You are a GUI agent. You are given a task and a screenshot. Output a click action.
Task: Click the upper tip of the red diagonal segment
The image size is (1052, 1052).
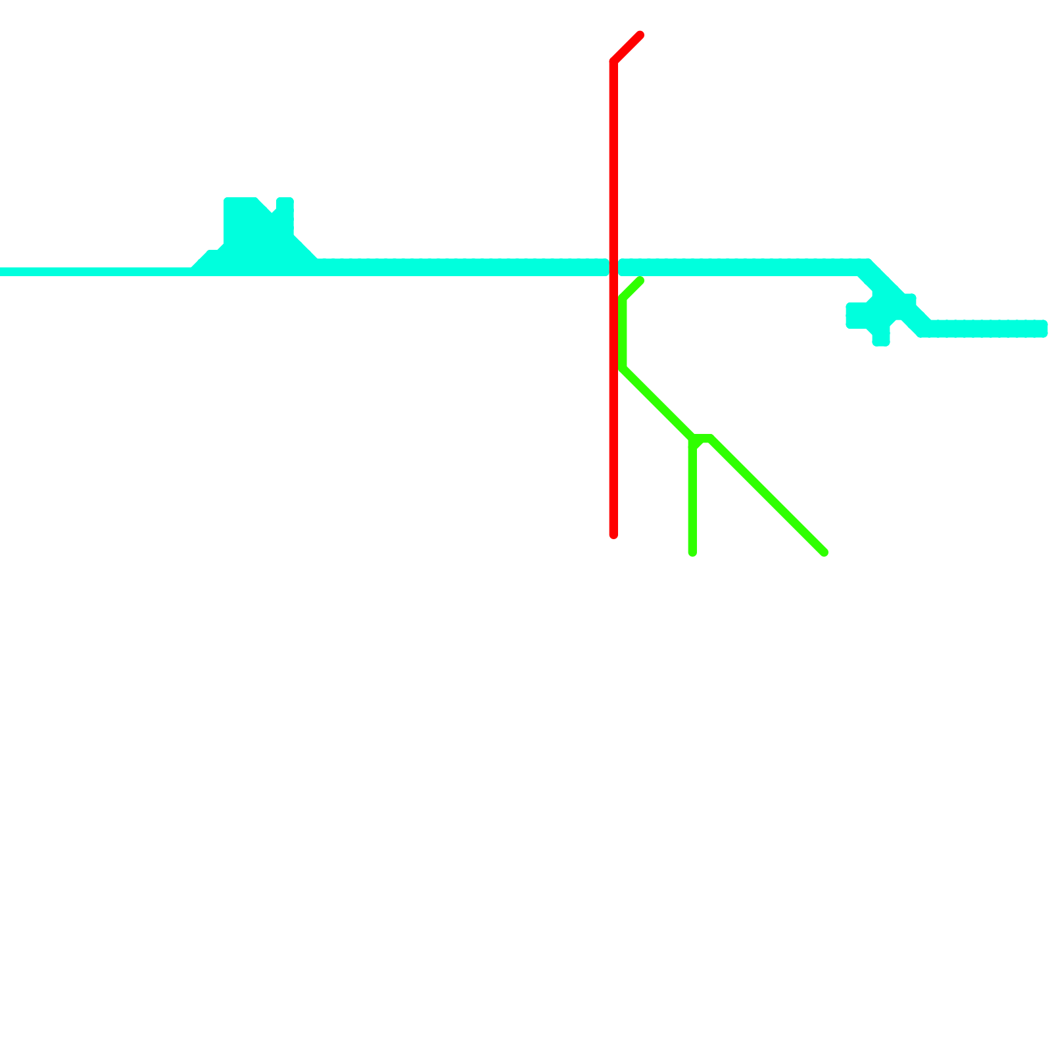tap(640, 35)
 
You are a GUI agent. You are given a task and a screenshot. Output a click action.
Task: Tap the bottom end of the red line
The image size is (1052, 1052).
tap(613, 535)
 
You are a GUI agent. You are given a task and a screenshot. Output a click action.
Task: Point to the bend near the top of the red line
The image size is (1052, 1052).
tap(613, 62)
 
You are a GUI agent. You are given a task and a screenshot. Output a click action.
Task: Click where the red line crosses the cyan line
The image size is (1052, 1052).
tap(613, 268)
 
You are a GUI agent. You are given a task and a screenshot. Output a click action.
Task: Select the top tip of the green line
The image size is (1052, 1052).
tap(640, 281)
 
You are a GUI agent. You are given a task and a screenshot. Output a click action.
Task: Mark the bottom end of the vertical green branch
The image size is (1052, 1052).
tap(692, 552)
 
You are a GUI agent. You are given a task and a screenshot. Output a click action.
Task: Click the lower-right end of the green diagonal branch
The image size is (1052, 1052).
tap(824, 552)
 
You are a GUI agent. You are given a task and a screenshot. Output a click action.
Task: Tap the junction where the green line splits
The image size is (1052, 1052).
tap(694, 439)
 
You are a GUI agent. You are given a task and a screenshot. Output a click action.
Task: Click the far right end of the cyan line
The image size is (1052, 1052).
tap(1042, 328)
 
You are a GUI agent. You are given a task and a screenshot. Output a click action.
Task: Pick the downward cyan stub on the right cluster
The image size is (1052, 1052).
tap(881, 335)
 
